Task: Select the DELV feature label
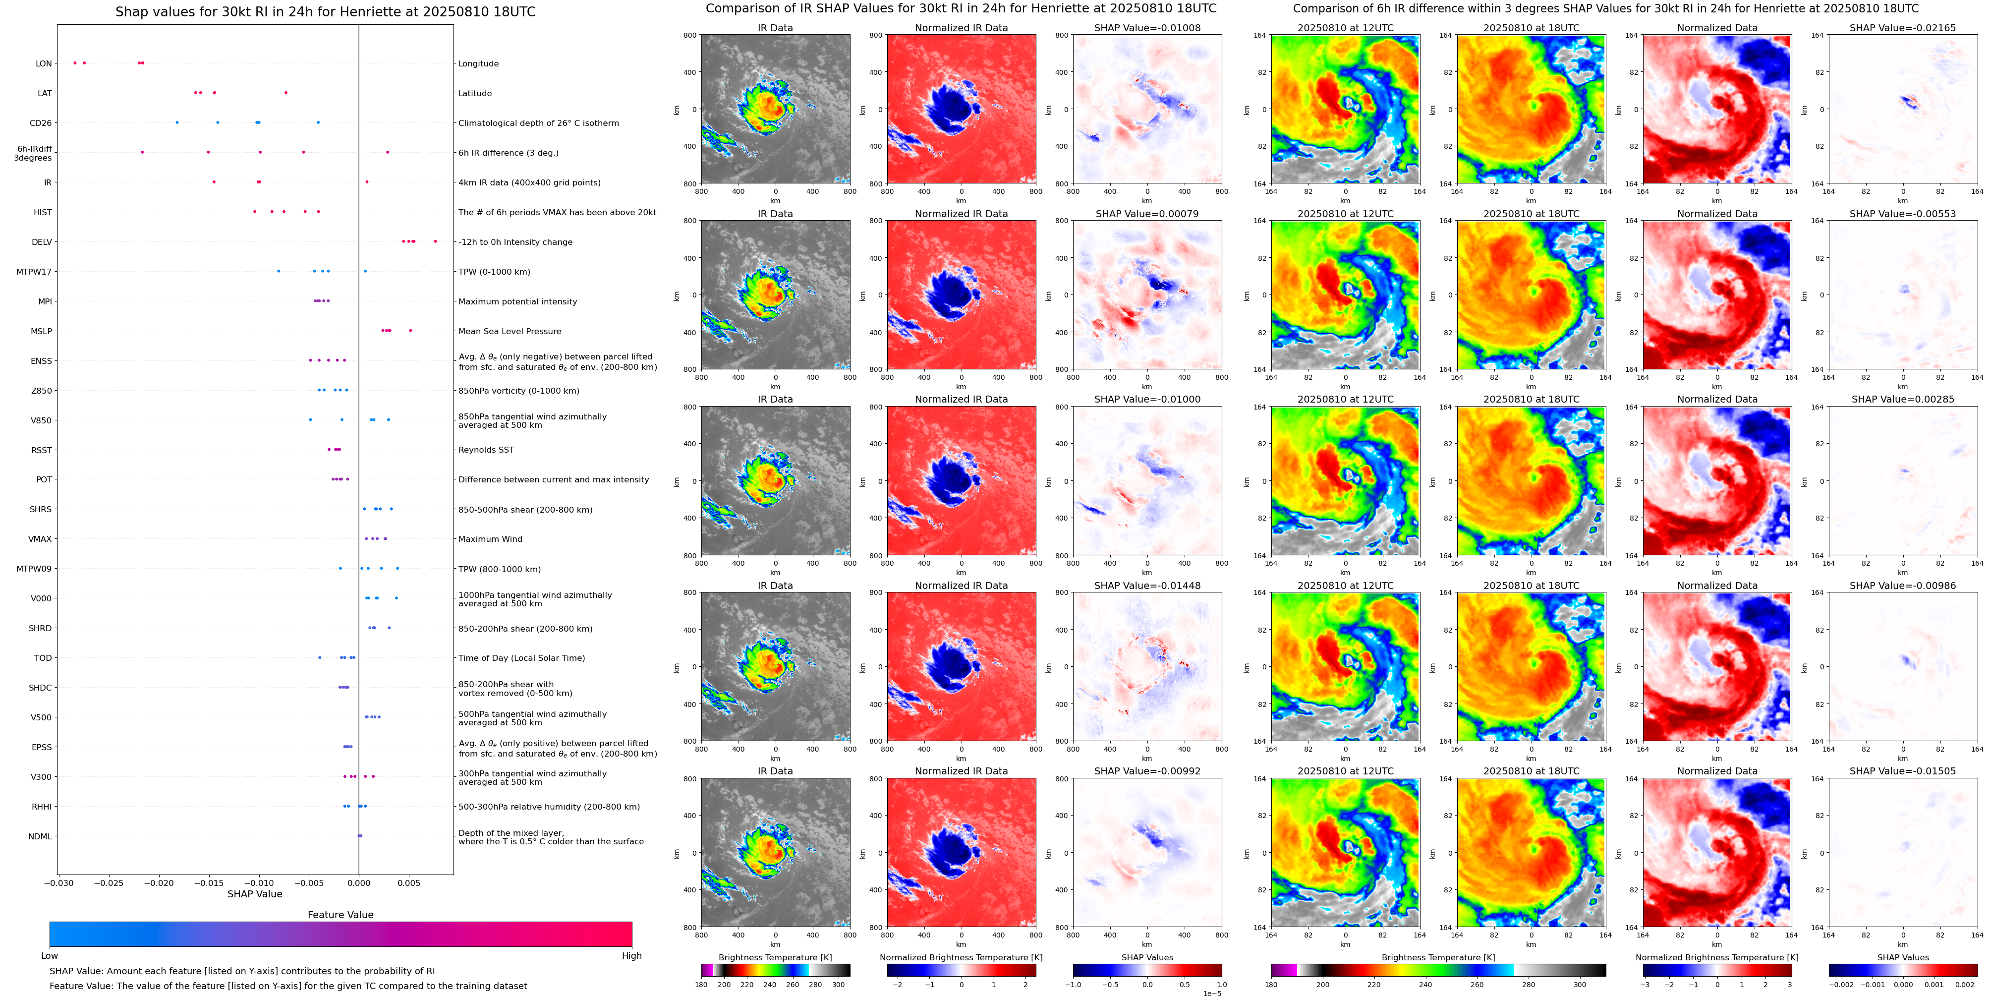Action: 42,242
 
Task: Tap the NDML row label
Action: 40,836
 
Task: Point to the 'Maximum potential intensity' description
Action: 517,301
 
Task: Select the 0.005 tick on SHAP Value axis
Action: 409,882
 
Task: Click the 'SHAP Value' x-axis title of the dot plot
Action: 254,894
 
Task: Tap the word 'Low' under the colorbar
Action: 50,956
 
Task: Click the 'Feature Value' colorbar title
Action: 340,915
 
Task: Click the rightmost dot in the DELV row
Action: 436,241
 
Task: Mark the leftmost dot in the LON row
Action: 75,62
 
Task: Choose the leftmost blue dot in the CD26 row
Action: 177,122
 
